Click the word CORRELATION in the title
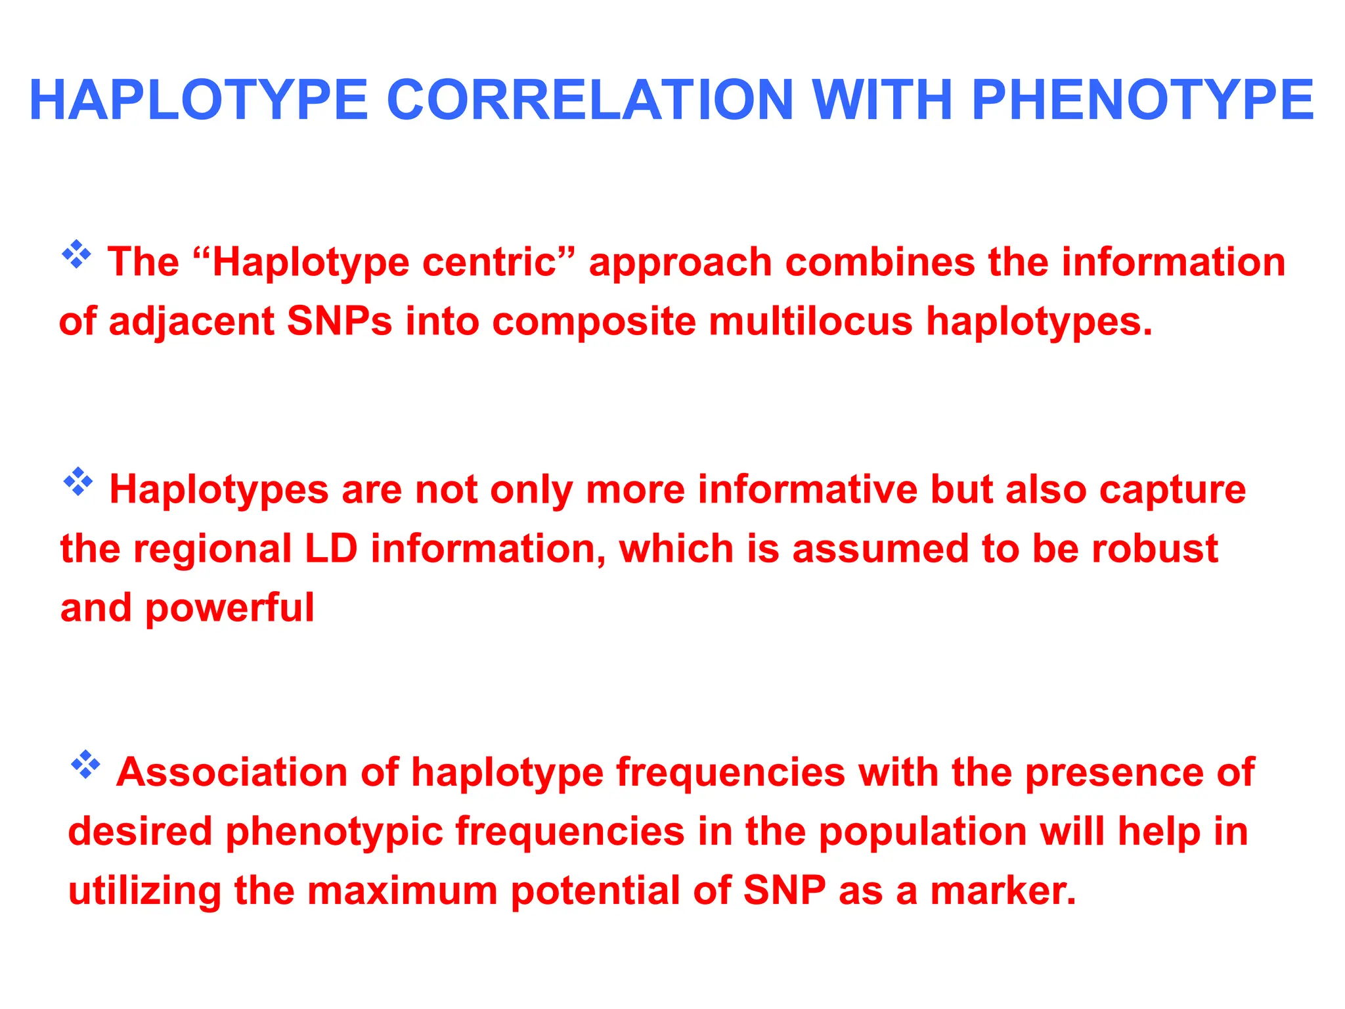click(x=590, y=101)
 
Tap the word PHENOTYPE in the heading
click(x=1142, y=101)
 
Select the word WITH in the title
click(x=882, y=101)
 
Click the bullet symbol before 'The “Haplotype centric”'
click(x=77, y=254)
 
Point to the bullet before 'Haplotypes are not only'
click(x=78, y=482)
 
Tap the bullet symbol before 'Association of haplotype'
click(x=85, y=764)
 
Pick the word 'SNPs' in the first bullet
click(x=340, y=322)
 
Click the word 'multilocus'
click(x=810, y=322)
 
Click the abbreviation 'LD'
click(x=332, y=549)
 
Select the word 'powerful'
click(x=230, y=608)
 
